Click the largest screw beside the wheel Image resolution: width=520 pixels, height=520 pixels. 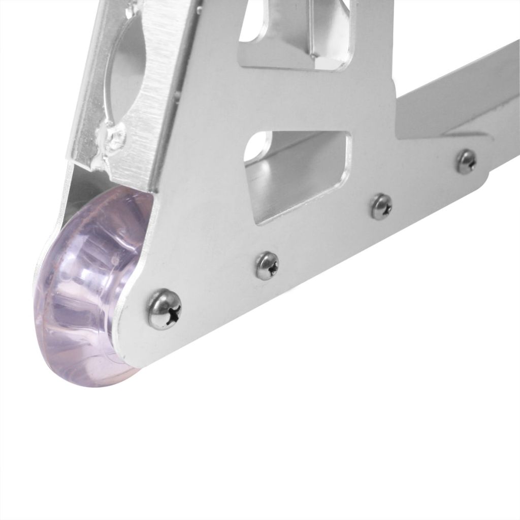click(165, 309)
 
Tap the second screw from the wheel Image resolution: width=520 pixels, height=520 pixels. click(267, 266)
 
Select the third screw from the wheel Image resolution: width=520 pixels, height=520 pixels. click(381, 207)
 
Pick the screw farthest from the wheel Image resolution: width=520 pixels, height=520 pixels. click(466, 161)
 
